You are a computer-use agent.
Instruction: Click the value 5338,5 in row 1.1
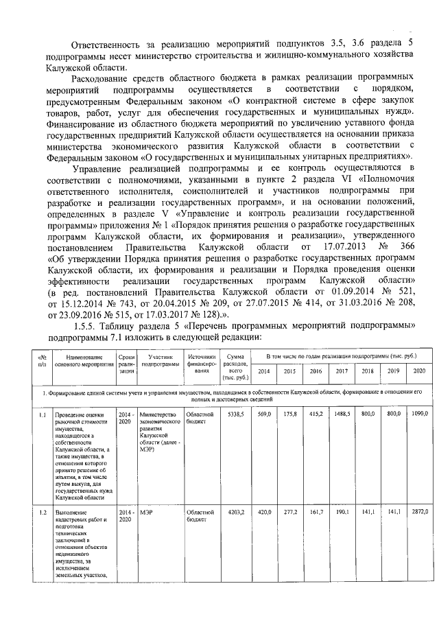pyautogui.click(x=236, y=415)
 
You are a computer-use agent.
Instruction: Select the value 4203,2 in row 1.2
pyautogui.click(x=236, y=512)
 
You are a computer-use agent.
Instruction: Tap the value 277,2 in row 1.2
pyautogui.click(x=290, y=512)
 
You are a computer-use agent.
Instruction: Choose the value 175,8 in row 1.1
pyautogui.click(x=290, y=415)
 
